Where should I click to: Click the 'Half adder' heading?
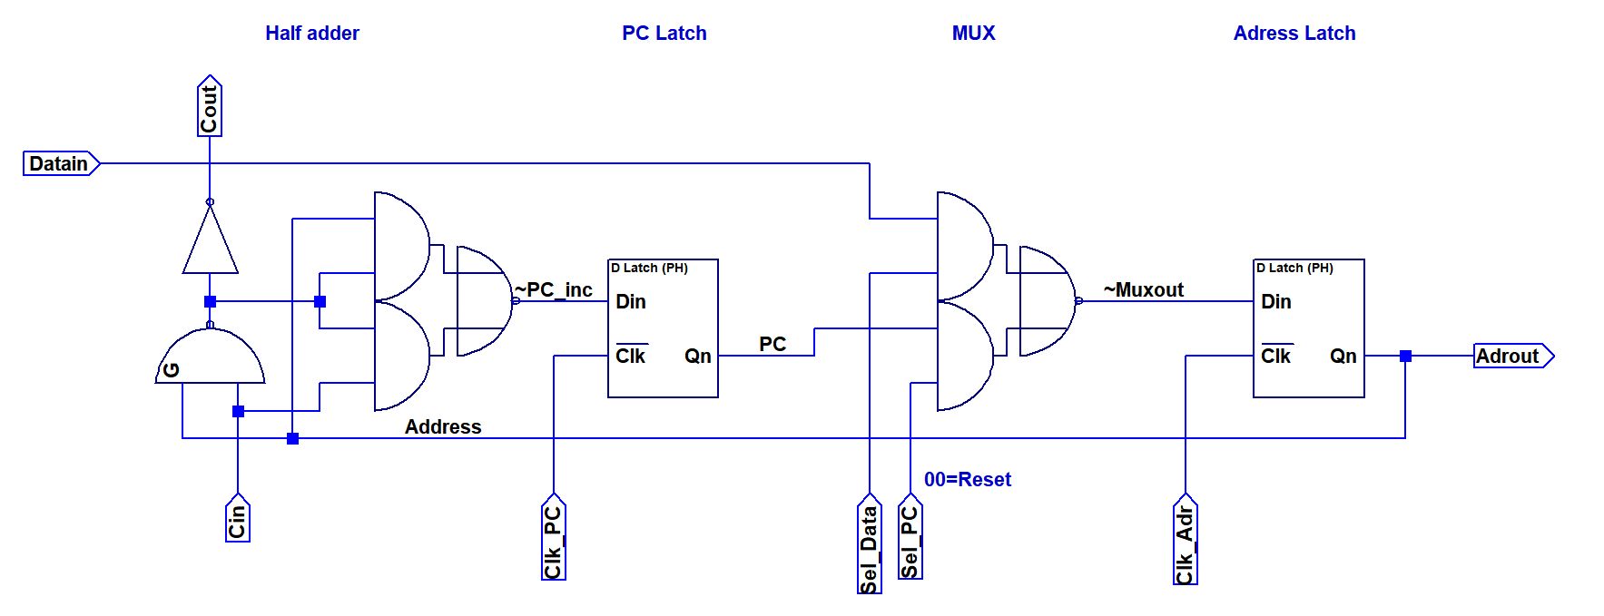(x=311, y=34)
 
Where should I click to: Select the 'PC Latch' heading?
(x=664, y=34)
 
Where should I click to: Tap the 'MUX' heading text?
(x=973, y=34)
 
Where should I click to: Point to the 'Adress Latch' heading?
(x=1294, y=34)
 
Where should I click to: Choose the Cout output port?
(x=210, y=107)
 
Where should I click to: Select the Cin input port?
(x=237, y=519)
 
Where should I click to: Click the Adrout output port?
(x=1511, y=356)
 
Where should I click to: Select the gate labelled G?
(x=210, y=357)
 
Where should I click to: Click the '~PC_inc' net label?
(x=554, y=289)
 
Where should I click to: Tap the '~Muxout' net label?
(x=1143, y=289)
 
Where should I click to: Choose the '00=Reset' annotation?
(x=967, y=479)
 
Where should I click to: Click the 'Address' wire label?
(x=442, y=426)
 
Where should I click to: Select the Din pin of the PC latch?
(x=630, y=301)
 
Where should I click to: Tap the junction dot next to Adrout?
(x=1405, y=356)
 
